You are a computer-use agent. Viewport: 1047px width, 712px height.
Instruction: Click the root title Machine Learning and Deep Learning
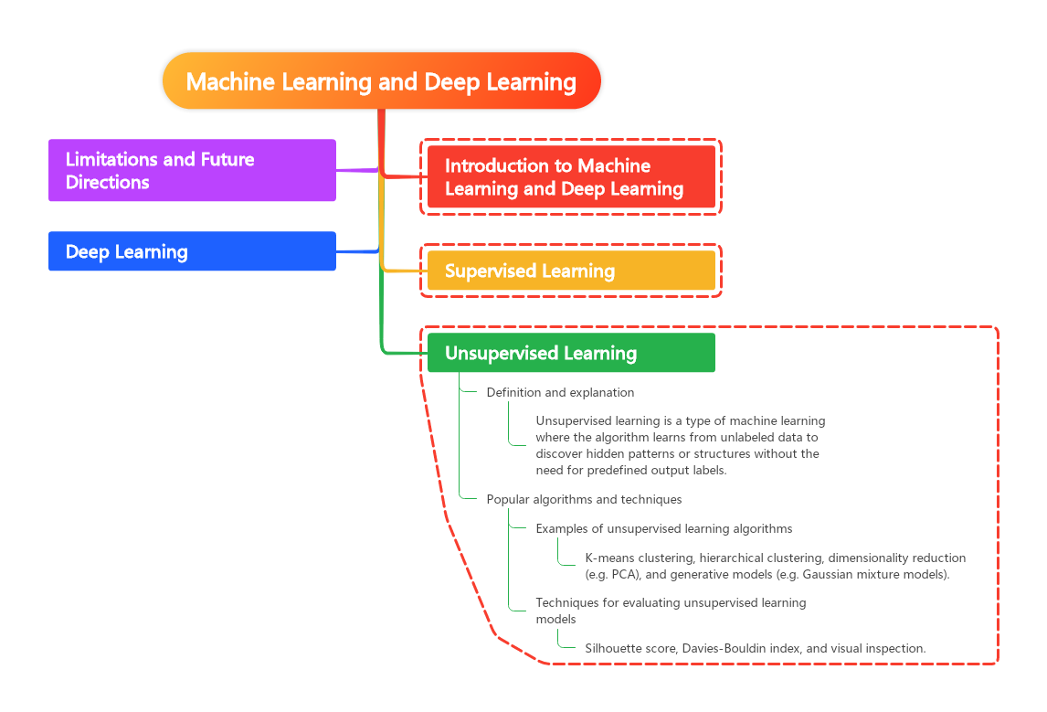point(381,81)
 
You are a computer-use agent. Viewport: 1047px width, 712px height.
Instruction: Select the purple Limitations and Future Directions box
point(192,170)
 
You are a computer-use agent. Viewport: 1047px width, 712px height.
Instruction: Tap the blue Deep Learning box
point(192,251)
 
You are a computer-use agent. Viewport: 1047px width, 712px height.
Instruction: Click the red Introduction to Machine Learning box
point(571,177)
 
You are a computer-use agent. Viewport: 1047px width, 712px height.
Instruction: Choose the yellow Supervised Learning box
point(571,271)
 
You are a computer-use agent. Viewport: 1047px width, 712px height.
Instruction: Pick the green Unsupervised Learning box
point(571,353)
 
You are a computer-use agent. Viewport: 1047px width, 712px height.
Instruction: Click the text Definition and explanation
point(560,392)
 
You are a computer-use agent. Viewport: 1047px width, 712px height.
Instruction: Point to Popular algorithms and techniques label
point(584,499)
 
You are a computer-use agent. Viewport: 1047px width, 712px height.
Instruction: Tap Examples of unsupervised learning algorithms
point(663,528)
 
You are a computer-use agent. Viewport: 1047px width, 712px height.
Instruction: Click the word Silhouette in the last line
point(614,648)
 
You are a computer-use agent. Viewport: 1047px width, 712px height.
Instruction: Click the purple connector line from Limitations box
point(356,170)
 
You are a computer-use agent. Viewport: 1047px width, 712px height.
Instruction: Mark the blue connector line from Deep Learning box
point(356,251)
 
